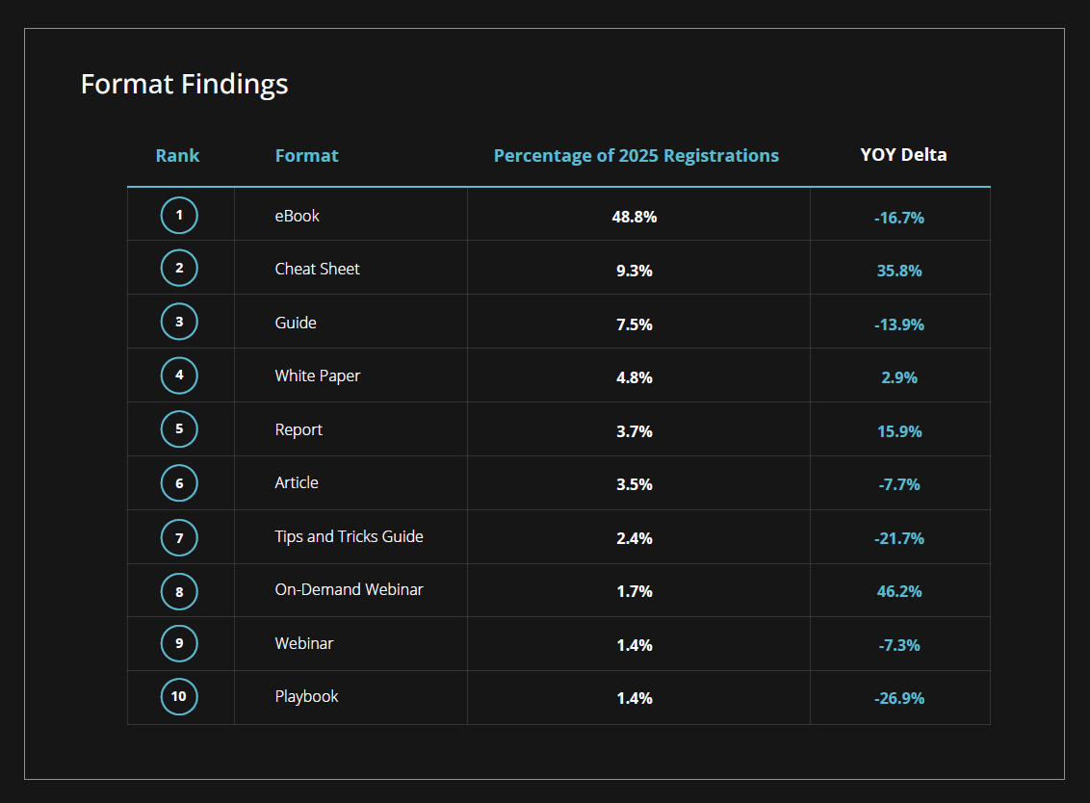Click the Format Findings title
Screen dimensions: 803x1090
pyautogui.click(x=184, y=85)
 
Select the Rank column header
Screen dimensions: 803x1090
pyautogui.click(x=177, y=155)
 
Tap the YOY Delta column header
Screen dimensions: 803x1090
pyautogui.click(x=903, y=154)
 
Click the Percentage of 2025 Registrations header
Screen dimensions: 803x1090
pyautogui.click(x=636, y=155)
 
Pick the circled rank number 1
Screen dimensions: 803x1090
pyautogui.click(x=179, y=216)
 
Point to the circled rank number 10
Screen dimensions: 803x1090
pyautogui.click(x=179, y=696)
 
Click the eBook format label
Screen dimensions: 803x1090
pyautogui.click(x=297, y=216)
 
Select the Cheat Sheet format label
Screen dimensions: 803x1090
pyautogui.click(x=317, y=269)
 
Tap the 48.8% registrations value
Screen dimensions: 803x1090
pyautogui.click(x=635, y=217)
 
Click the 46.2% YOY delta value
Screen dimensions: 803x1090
pyautogui.click(x=899, y=591)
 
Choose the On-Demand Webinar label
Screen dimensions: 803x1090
pyautogui.click(x=349, y=589)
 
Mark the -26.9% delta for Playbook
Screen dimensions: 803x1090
pyautogui.click(x=899, y=698)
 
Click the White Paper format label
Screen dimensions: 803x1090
pyautogui.click(x=317, y=376)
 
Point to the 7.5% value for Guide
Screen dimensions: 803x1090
pyautogui.click(x=635, y=324)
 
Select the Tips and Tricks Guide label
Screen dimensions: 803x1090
pyautogui.click(x=349, y=536)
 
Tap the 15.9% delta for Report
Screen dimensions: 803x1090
pyautogui.click(x=899, y=431)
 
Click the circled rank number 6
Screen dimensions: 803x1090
pyautogui.click(x=179, y=482)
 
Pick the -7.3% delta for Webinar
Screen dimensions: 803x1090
pyautogui.click(x=899, y=645)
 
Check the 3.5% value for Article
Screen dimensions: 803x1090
pyautogui.click(x=635, y=484)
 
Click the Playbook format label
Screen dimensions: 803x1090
pyautogui.click(x=306, y=696)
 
